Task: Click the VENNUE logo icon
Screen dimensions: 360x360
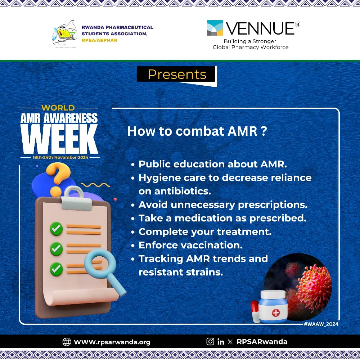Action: point(215,28)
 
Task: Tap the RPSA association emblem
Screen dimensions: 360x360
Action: point(65,34)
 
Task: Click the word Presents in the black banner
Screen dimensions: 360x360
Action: point(177,74)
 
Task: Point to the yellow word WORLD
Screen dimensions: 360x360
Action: point(58,108)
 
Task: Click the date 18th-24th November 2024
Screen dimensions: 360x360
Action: point(60,157)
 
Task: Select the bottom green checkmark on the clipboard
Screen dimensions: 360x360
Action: point(56,269)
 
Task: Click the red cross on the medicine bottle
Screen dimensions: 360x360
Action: point(276,312)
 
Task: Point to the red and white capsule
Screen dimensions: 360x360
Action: point(255,312)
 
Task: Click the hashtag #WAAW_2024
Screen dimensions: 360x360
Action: point(321,324)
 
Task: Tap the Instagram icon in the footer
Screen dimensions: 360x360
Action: point(210,342)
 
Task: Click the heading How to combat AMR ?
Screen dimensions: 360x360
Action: point(197,131)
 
